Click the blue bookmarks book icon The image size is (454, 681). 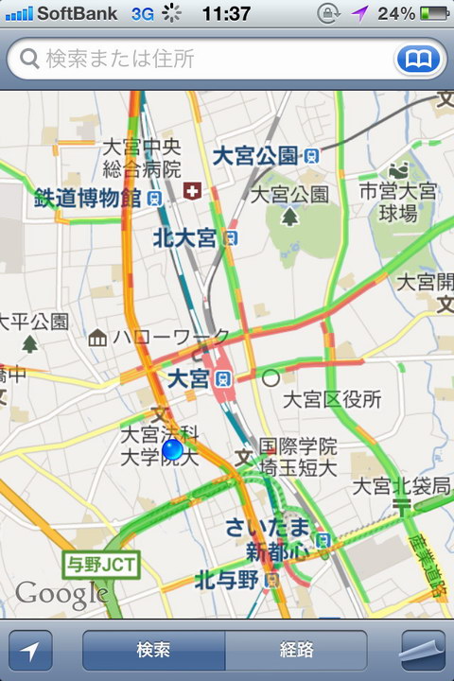418,60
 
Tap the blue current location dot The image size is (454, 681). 172,449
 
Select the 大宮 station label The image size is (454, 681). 187,378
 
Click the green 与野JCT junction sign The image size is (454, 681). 100,566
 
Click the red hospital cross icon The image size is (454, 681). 193,191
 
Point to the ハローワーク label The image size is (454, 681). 170,337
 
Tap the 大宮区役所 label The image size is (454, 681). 332,398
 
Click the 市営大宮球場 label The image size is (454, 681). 398,202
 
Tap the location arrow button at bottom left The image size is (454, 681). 30,651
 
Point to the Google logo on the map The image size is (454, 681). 61,594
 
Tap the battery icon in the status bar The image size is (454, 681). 434,14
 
